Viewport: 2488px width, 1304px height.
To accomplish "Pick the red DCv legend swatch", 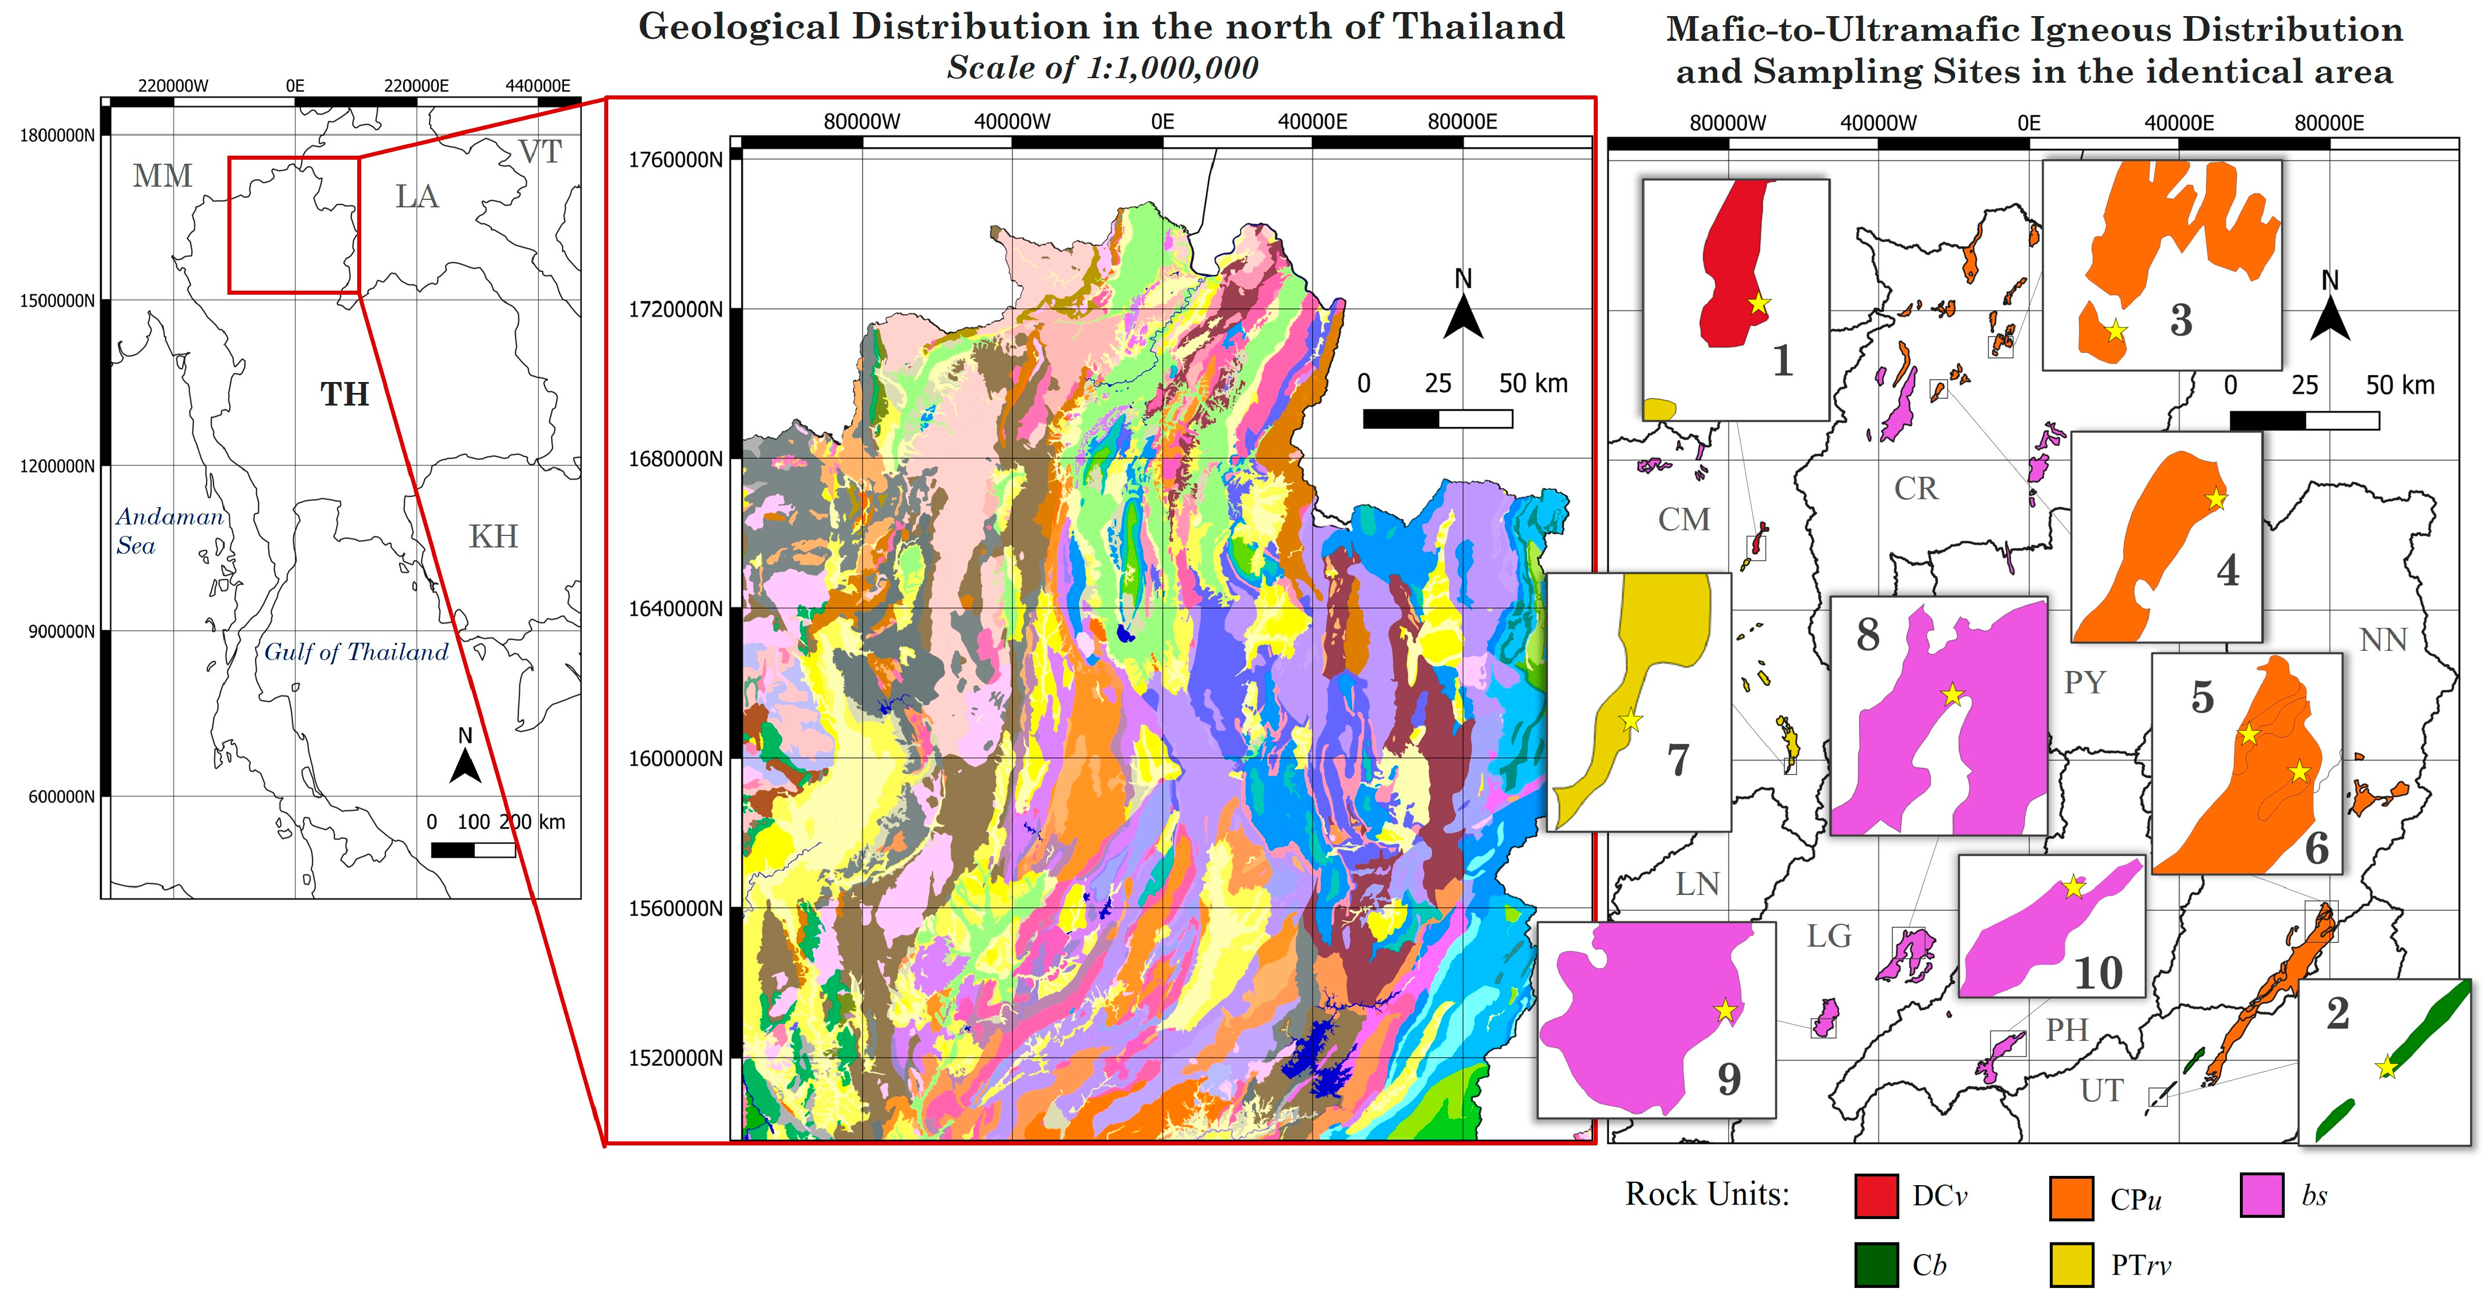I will (1876, 1196).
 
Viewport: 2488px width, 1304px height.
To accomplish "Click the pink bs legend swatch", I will (2262, 1195).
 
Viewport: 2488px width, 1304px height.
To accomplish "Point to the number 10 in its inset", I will (2098, 973).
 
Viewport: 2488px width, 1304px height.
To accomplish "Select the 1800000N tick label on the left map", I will (57, 135).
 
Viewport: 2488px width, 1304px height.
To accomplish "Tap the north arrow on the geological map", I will (1463, 306).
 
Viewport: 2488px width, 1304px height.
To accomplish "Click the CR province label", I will (1915, 489).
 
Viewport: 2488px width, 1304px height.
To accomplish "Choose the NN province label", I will (2383, 639).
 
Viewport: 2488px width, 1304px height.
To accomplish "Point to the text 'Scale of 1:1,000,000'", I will (1102, 68).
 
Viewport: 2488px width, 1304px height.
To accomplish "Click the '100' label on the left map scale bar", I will (473, 822).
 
